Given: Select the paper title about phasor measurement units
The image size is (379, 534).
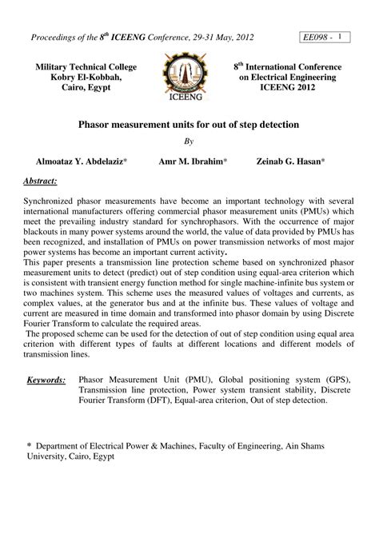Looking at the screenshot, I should [x=189, y=126].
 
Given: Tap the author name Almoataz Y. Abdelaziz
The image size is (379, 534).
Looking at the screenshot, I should [x=81, y=161].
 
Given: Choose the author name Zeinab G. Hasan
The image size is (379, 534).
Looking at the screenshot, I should [x=290, y=161].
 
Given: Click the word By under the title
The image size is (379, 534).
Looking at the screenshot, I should [x=189, y=141].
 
